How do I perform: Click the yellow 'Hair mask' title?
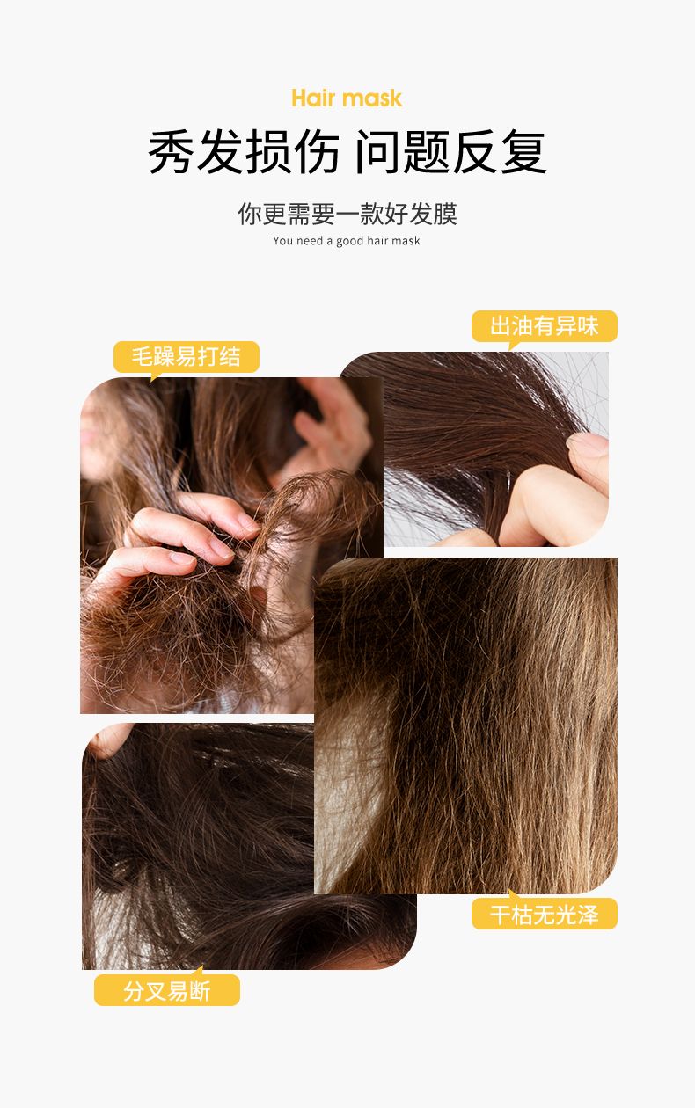click(x=347, y=98)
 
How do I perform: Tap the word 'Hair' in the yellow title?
click(x=313, y=98)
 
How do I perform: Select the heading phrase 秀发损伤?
click(x=244, y=152)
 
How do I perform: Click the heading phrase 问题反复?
click(x=450, y=152)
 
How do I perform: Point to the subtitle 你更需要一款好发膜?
click(x=347, y=214)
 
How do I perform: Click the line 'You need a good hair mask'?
click(x=347, y=241)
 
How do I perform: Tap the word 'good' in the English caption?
click(x=350, y=241)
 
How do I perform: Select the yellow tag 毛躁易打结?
click(x=187, y=356)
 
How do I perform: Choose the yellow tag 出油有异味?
click(x=544, y=325)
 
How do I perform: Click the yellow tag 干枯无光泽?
click(x=544, y=915)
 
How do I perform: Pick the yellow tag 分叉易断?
click(x=167, y=991)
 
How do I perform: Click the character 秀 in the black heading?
click(x=171, y=152)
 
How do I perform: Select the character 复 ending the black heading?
click(x=523, y=152)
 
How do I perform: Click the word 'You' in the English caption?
click(x=282, y=241)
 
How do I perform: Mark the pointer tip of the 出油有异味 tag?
click(x=510, y=350)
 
